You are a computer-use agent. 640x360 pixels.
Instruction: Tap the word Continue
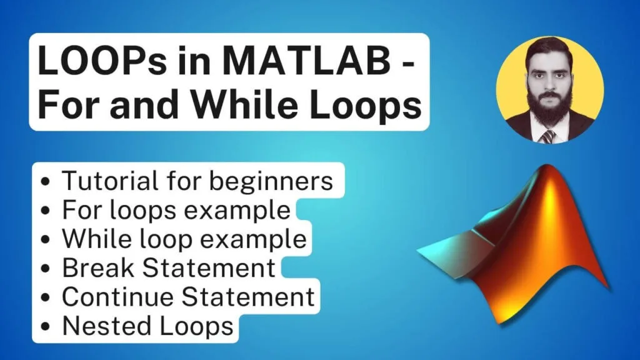click(116, 296)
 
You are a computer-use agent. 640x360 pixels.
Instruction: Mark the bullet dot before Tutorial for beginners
click(46, 182)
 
